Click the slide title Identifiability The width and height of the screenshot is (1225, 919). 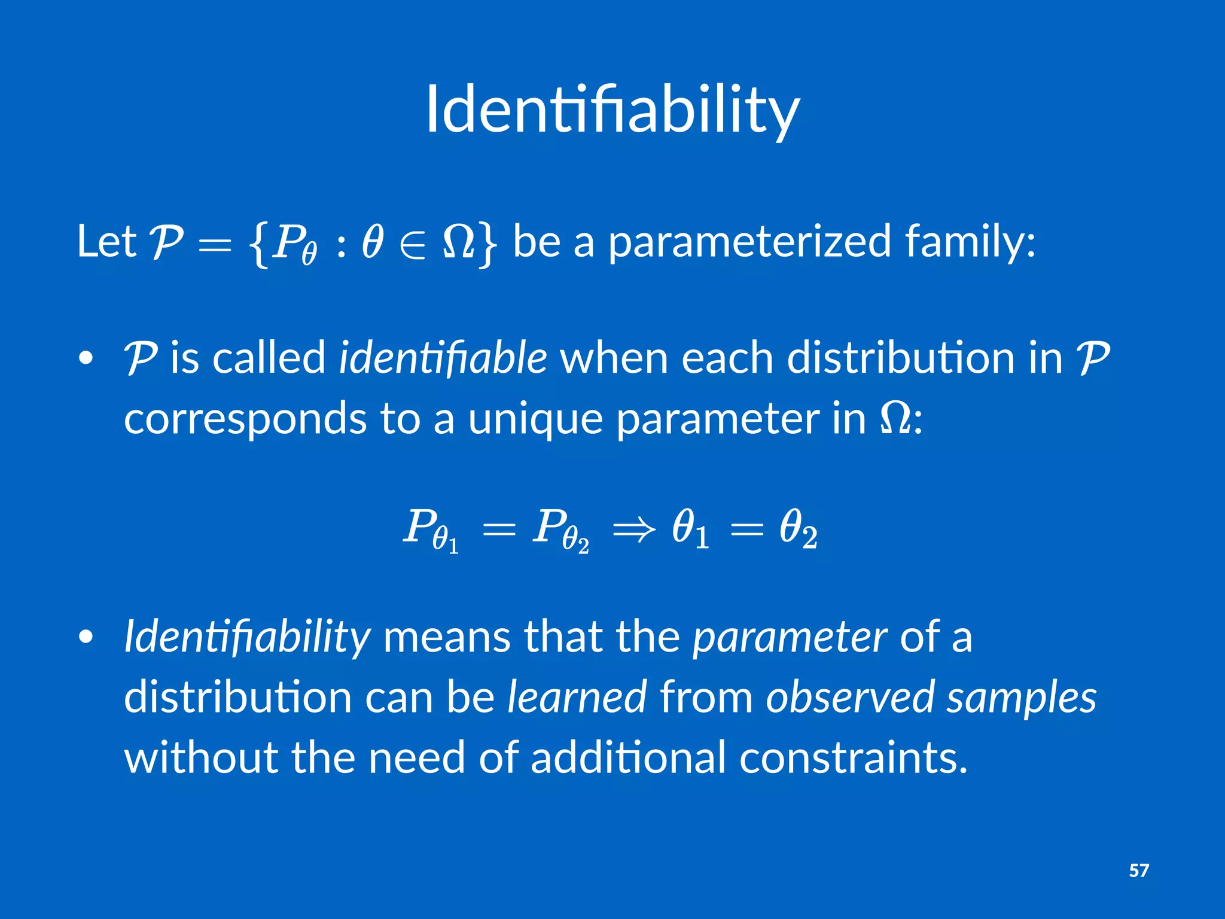[x=612, y=111]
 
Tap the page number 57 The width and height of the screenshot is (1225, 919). [x=1138, y=871]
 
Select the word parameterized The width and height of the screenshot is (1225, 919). [x=750, y=242]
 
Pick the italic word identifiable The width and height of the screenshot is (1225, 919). [x=443, y=358]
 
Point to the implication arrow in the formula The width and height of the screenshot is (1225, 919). [x=634, y=529]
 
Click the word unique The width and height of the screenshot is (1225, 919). [x=535, y=418]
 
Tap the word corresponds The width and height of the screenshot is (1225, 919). [x=245, y=419]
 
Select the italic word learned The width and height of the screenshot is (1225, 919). [x=577, y=697]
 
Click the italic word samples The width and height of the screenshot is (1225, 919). [x=1022, y=698]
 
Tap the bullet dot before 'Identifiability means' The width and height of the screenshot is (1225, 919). [x=86, y=638]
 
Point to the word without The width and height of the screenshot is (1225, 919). [x=201, y=757]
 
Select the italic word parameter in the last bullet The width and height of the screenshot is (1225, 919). [x=790, y=638]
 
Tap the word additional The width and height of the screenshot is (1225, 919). [x=628, y=757]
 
